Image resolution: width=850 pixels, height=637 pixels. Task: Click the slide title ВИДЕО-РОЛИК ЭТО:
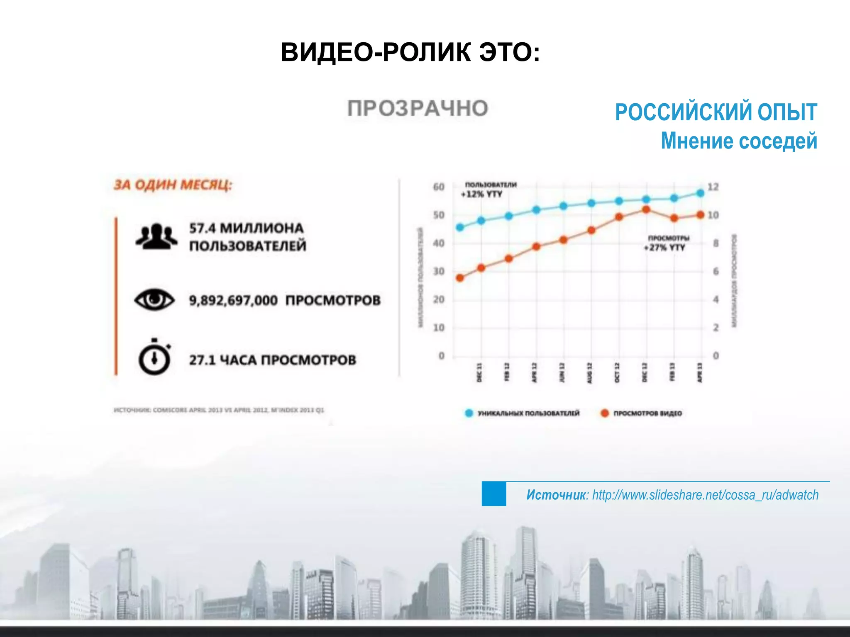pyautogui.click(x=410, y=53)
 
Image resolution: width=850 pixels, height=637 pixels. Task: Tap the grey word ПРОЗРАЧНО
pyautogui.click(x=418, y=109)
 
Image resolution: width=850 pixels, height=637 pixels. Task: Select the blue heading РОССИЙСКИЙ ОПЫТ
pyautogui.click(x=716, y=112)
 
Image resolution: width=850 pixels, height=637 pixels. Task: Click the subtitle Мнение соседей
pyautogui.click(x=739, y=141)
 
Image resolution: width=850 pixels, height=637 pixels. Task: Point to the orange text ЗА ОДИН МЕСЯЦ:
pyautogui.click(x=173, y=185)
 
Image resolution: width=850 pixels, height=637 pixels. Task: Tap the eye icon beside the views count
pyautogui.click(x=154, y=299)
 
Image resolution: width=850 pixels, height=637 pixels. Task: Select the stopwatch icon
pyautogui.click(x=154, y=357)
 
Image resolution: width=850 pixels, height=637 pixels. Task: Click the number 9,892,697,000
pyautogui.click(x=233, y=300)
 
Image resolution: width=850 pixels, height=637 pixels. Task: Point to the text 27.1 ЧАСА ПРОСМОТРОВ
pyautogui.click(x=273, y=360)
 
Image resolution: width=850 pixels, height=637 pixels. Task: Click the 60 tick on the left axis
pyautogui.click(x=439, y=187)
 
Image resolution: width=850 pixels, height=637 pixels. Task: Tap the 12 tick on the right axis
pyautogui.click(x=713, y=187)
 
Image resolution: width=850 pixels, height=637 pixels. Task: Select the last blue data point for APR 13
pyautogui.click(x=701, y=193)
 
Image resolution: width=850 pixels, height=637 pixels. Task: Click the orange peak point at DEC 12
pyautogui.click(x=646, y=210)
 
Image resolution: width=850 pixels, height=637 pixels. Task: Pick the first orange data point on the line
pyautogui.click(x=460, y=278)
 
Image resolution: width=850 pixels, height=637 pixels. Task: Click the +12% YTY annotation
pyautogui.click(x=482, y=194)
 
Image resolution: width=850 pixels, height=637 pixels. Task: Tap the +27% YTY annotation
pyautogui.click(x=664, y=248)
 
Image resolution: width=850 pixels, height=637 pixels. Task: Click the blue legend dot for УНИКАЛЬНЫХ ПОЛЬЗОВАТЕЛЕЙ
pyautogui.click(x=469, y=413)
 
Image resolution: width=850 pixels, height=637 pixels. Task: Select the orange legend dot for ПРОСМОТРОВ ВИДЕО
pyautogui.click(x=605, y=413)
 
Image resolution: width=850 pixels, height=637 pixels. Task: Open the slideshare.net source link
pyautogui.click(x=705, y=495)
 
